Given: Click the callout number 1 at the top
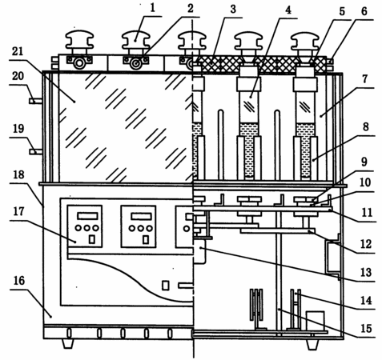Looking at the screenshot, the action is tap(152, 8).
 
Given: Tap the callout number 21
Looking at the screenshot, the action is tap(18, 51).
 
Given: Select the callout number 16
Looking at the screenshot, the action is tap(19, 281).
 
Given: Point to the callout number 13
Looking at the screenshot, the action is tap(366, 272).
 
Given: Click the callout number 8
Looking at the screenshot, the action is tap(365, 126).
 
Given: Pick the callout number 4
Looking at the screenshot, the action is tap(288, 10).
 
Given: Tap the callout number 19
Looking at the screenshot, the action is tap(18, 129).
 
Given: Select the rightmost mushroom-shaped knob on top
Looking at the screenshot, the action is tap(304, 42).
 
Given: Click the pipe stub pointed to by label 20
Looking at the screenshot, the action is tap(36, 101).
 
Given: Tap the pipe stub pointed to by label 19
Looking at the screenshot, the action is tap(36, 152).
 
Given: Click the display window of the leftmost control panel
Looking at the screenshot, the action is tap(87, 216).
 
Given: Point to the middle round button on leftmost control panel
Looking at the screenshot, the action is tap(87, 228).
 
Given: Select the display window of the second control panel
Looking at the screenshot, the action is tap(141, 216).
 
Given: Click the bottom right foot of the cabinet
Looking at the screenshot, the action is tap(312, 345).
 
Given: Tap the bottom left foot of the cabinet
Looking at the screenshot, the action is tap(68, 344).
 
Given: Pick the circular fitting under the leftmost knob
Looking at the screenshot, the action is tap(79, 63).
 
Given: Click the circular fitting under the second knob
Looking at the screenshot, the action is tap(136, 63).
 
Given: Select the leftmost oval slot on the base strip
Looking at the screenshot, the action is tap(69, 333).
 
